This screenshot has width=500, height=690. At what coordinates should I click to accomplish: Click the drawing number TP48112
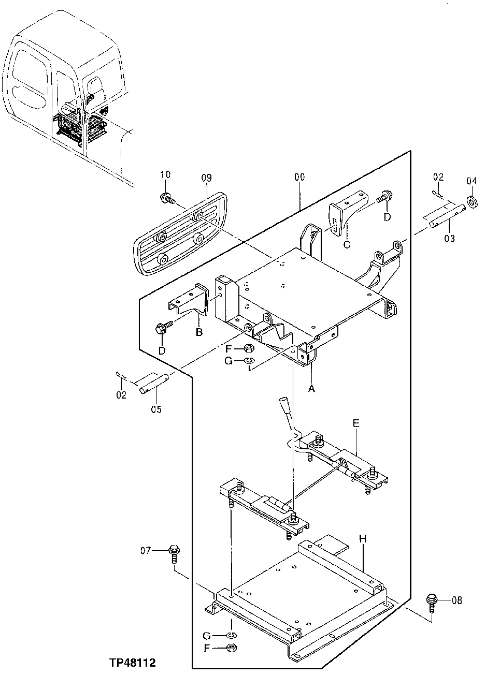click(132, 662)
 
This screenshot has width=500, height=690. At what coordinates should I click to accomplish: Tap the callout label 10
click(165, 175)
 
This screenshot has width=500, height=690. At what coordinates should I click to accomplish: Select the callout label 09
click(206, 178)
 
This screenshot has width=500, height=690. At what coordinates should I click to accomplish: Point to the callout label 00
click(299, 177)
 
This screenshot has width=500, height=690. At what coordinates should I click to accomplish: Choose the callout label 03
click(449, 238)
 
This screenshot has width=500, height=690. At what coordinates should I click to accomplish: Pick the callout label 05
click(156, 409)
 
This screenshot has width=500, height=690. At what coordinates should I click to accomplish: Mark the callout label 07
click(146, 550)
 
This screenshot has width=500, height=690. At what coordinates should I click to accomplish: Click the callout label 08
click(456, 600)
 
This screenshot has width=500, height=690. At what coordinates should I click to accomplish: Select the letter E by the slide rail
click(355, 423)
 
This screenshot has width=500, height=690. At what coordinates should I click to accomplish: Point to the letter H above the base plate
click(363, 539)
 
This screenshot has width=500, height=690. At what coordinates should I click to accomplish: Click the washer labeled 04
click(472, 200)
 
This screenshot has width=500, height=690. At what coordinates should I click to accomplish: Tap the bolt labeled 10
click(167, 198)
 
